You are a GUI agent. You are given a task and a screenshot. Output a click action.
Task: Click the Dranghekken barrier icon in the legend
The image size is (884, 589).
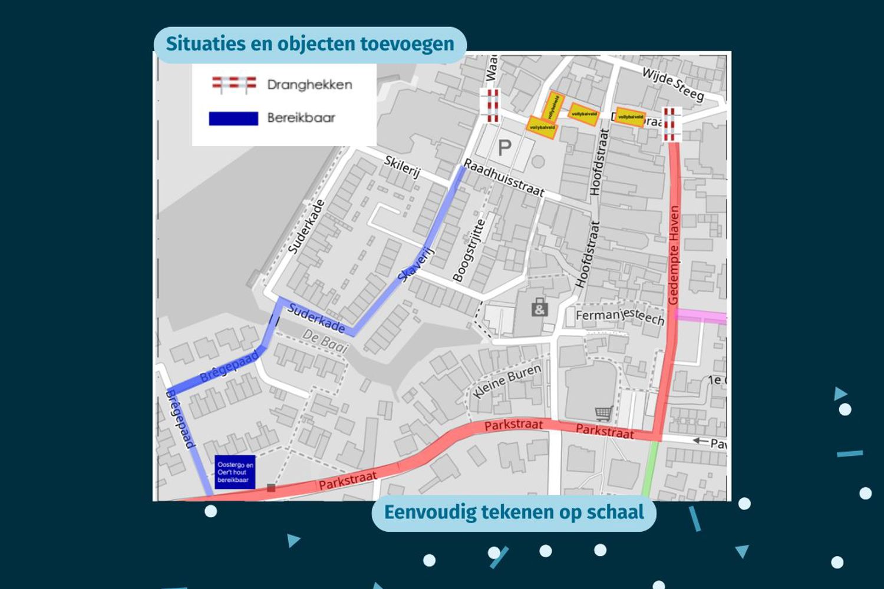[234, 85]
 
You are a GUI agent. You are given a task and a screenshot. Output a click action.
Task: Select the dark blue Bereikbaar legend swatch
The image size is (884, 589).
[233, 118]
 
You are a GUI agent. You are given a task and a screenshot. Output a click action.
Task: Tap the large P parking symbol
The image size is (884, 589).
[504, 147]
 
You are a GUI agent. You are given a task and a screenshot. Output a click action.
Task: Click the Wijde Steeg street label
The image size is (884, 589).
[672, 84]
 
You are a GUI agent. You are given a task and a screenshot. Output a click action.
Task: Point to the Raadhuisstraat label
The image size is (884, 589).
[503, 177]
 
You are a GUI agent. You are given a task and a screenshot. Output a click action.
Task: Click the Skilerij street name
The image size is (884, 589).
[402, 166]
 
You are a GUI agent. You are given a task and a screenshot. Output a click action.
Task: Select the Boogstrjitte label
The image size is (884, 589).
[469, 250]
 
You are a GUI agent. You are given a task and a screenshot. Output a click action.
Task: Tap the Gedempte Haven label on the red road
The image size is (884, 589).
[674, 254]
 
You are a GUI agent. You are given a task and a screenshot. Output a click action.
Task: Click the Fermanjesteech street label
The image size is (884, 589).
[619, 316]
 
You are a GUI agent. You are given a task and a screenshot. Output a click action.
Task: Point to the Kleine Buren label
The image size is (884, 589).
[507, 381]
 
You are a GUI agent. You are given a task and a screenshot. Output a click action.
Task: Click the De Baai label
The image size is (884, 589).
[325, 341]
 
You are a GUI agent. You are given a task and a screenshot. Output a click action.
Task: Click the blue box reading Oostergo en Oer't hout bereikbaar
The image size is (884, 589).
[235, 472]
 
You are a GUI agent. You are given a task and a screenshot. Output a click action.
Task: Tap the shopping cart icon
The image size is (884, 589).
[603, 413]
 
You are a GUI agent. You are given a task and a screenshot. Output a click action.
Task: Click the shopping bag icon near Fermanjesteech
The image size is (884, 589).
[539, 307]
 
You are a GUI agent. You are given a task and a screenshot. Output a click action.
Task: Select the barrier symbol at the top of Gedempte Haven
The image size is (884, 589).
[669, 124]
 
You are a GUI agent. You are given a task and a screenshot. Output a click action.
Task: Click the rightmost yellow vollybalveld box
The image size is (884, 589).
[631, 117]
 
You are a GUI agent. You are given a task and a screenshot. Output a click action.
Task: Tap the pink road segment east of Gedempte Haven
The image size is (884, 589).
[701, 317]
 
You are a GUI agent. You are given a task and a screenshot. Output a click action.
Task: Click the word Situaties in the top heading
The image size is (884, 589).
[197, 44]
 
